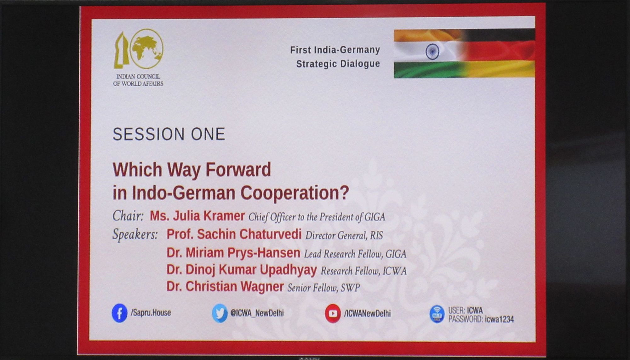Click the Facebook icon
coord(119,313)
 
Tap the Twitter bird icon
coord(220,313)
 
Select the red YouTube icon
coord(333,313)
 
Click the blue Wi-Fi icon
coord(437,314)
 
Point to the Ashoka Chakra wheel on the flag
coord(432,52)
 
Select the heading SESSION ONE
coord(169,134)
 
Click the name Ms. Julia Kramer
coord(197,216)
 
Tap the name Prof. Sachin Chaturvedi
coord(234,234)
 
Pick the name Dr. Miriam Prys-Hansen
coord(233,253)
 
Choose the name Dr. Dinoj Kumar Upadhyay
coord(242,270)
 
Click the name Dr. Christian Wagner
coord(225,287)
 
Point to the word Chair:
coord(128,216)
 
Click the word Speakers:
coord(135,235)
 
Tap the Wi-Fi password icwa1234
coord(499,319)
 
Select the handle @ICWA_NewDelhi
coord(257,313)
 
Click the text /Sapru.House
coord(151,313)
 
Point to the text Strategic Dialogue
coord(338,64)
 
